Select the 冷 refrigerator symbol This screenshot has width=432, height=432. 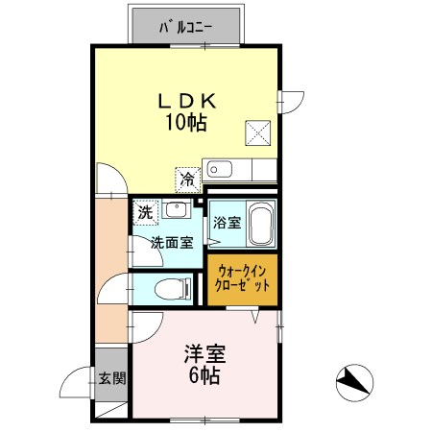pyautogui.click(x=188, y=179)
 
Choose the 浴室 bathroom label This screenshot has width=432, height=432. pyautogui.click(x=226, y=222)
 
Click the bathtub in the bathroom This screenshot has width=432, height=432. pyautogui.click(x=260, y=225)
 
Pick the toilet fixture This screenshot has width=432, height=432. pyautogui.click(x=171, y=286)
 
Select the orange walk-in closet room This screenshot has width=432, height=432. pyautogui.click(x=242, y=277)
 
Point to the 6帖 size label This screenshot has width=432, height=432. pyautogui.click(x=203, y=375)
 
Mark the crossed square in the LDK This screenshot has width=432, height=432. pyautogui.click(x=256, y=132)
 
